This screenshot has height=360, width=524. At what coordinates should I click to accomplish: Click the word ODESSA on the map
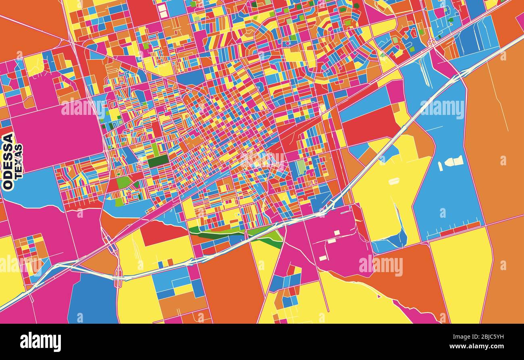coord(8,161)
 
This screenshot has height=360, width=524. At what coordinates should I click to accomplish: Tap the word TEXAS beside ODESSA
coord(19,161)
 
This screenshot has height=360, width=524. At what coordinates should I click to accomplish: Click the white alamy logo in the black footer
coord(41,342)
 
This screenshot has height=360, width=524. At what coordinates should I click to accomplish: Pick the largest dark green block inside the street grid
coord(158,161)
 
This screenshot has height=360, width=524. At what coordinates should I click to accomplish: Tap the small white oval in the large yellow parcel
coord(394,181)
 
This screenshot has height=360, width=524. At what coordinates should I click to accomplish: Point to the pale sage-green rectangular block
coord(301,167)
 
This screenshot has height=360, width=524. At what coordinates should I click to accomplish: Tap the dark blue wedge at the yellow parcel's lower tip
coord(393,242)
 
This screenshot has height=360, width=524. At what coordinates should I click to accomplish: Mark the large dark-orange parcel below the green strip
coord(230,282)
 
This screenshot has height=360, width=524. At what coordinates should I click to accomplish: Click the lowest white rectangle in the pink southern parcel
coord(323,258)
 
